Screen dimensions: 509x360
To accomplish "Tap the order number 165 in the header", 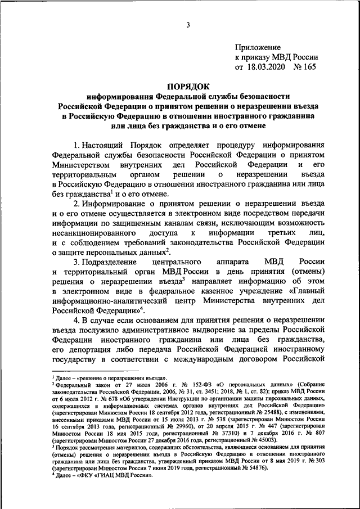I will coord(309,67).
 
